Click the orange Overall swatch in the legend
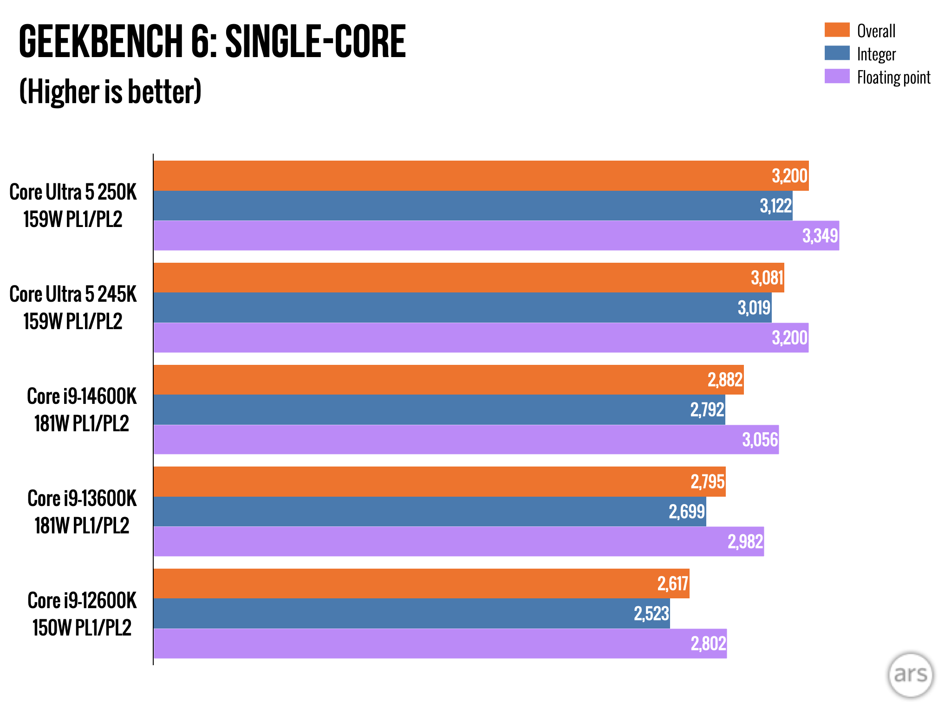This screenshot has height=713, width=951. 837,30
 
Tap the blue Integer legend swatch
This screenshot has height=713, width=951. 837,53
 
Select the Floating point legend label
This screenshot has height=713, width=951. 893,78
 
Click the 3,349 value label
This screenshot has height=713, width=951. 820,236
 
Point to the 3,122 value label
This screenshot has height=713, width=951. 775,206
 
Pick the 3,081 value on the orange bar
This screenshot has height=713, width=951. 767,278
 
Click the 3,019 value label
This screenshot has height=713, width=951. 754,308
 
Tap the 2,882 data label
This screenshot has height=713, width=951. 725,380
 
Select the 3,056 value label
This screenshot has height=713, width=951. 760,440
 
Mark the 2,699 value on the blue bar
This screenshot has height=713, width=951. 687,512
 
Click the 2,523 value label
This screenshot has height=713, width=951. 651,614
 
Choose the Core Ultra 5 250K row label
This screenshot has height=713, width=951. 73,206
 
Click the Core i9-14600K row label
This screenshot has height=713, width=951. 82,409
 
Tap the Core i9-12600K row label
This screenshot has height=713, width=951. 82,614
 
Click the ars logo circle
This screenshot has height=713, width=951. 910,675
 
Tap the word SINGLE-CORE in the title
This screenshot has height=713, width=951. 315,42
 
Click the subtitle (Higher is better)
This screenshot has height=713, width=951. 111,92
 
